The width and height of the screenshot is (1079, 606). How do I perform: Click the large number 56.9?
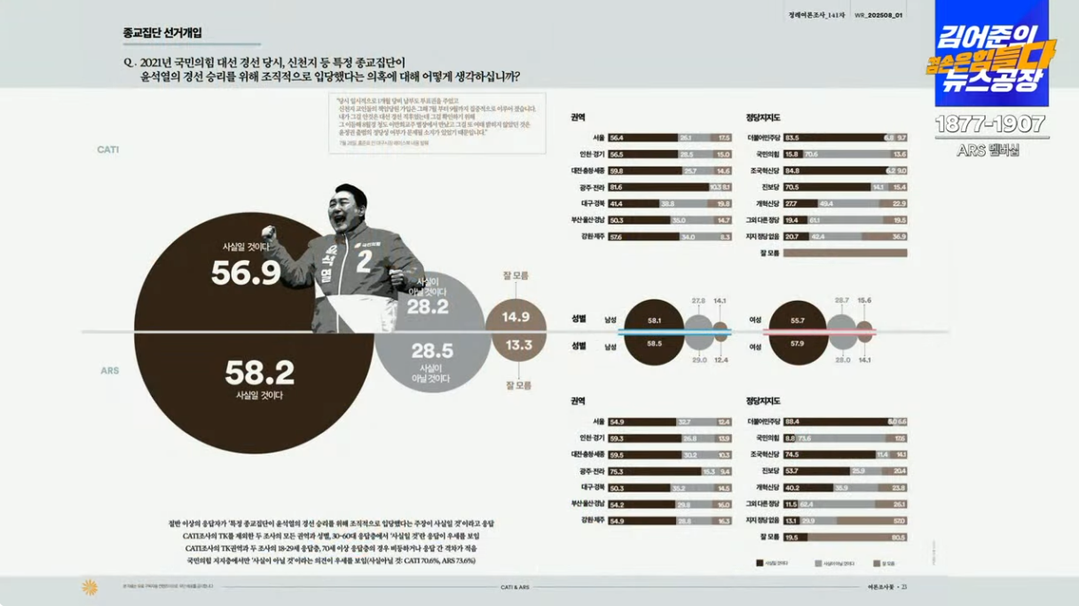pos(245,273)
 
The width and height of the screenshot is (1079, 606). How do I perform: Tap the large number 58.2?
pos(259,373)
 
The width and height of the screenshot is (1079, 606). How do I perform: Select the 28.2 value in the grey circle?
pos(428,307)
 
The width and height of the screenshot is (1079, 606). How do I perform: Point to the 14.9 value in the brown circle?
pos(516,317)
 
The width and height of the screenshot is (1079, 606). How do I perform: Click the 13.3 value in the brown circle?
pos(518,345)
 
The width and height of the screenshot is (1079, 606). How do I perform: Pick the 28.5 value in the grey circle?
pos(431,350)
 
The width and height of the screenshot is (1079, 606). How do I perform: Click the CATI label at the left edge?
pos(108,150)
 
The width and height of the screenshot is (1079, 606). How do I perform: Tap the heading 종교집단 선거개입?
pos(162,33)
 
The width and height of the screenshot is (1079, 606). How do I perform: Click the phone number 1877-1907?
pos(989,124)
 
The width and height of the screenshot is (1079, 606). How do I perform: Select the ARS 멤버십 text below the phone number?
pos(989,150)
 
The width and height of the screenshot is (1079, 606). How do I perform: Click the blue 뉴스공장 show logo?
pos(992,53)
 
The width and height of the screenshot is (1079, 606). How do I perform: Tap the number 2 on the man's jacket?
pos(362,261)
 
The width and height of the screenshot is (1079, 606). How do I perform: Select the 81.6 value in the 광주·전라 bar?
pos(617,188)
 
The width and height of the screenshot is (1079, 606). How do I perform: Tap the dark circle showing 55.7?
pos(797,319)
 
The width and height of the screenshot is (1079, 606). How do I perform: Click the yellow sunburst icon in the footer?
pos(90,586)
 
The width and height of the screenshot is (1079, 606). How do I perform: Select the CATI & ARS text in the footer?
pos(515,586)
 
